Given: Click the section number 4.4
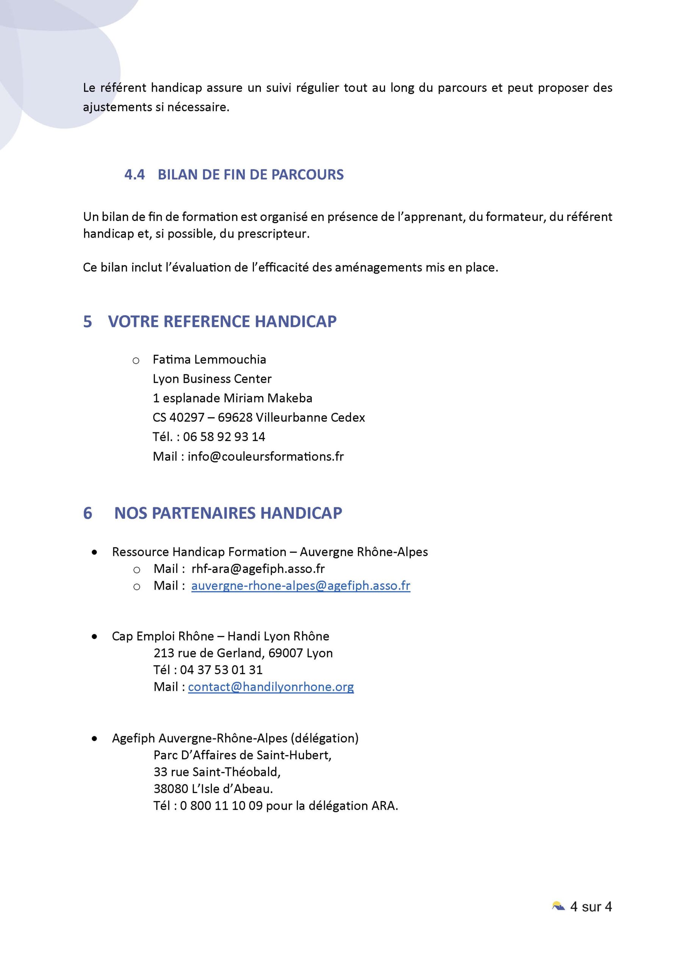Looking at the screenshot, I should coord(135,174).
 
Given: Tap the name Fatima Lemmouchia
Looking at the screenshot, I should coord(209,360).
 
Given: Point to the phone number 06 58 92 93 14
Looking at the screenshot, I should coord(224,437).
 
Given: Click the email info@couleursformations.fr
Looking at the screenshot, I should coord(265,457).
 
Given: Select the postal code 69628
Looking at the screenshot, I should coord(235,418).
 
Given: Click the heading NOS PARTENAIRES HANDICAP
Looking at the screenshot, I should coord(228,513).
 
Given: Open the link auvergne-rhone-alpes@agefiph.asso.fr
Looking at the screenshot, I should coord(301,586).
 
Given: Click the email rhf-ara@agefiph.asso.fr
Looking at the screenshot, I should coord(258,569).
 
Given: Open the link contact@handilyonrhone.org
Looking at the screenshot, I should coord(271,687).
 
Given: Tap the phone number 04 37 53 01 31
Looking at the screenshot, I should coord(221,670).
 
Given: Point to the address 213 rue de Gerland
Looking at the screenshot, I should coord(209,653).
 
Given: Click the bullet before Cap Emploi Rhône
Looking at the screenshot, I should coord(94,637).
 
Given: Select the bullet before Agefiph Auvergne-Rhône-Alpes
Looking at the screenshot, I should coord(94,738).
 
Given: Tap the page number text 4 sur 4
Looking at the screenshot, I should coord(591,907).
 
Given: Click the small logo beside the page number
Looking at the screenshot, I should coord(558,906).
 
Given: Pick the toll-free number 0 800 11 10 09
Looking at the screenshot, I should coord(221,806).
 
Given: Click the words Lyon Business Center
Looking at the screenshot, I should coord(212,379).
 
